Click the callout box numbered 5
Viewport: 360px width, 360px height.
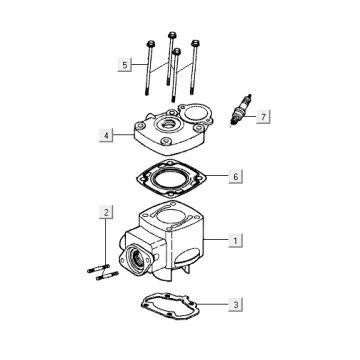pyautogui.click(x=124, y=65)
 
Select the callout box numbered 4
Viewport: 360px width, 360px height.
pyautogui.click(x=106, y=135)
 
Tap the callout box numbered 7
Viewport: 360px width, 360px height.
pyautogui.click(x=263, y=117)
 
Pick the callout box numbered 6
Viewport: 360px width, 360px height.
pyautogui.click(x=236, y=176)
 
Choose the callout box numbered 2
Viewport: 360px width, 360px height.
pyautogui.click(x=106, y=212)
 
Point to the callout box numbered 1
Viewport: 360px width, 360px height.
pyautogui.click(x=236, y=240)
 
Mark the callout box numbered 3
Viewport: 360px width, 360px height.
pyautogui.click(x=236, y=304)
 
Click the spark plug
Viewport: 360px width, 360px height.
pyautogui.click(x=241, y=110)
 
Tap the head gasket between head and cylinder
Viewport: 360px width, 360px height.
pyautogui.click(x=171, y=178)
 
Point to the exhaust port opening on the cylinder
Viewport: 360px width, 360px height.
pyautogui.click(x=137, y=258)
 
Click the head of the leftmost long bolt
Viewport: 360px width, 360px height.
pyautogui.click(x=150, y=44)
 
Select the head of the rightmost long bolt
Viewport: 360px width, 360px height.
pyautogui.click(x=195, y=43)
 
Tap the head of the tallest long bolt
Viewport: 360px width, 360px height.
pyautogui.click(x=172, y=35)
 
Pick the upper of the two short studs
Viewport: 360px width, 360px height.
pyautogui.click(x=99, y=268)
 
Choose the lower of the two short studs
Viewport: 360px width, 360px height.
pyautogui.click(x=107, y=276)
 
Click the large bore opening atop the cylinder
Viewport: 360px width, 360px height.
pyautogui.click(x=171, y=218)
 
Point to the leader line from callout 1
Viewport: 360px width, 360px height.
pyautogui.click(x=216, y=240)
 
